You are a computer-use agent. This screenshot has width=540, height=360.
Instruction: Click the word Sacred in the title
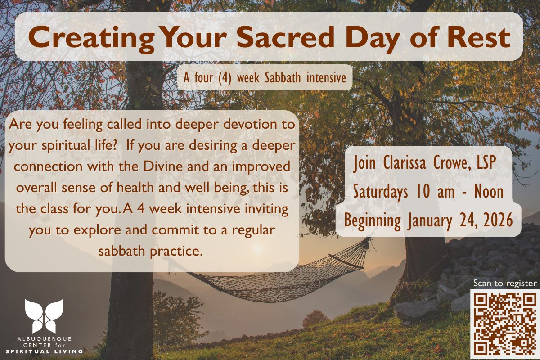point(286,38)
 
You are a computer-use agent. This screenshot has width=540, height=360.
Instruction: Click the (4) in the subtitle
point(225,78)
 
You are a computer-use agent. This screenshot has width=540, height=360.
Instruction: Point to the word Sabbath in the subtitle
point(283,77)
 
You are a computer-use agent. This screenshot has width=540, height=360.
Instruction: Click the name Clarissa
point(405,163)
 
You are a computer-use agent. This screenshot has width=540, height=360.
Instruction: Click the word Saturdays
point(380,193)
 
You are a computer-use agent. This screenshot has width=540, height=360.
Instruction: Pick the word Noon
point(489,192)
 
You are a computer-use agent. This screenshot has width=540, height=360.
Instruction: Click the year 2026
point(498,220)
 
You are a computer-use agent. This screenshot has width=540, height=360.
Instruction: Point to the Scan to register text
point(505,283)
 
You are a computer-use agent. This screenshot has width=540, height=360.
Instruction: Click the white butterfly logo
point(44,316)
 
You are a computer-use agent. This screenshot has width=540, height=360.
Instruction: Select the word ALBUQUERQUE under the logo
point(45,339)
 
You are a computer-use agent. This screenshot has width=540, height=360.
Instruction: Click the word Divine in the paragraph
point(163,166)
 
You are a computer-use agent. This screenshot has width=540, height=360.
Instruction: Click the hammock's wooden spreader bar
point(346,261)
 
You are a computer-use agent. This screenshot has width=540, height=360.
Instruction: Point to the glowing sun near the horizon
point(258,248)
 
